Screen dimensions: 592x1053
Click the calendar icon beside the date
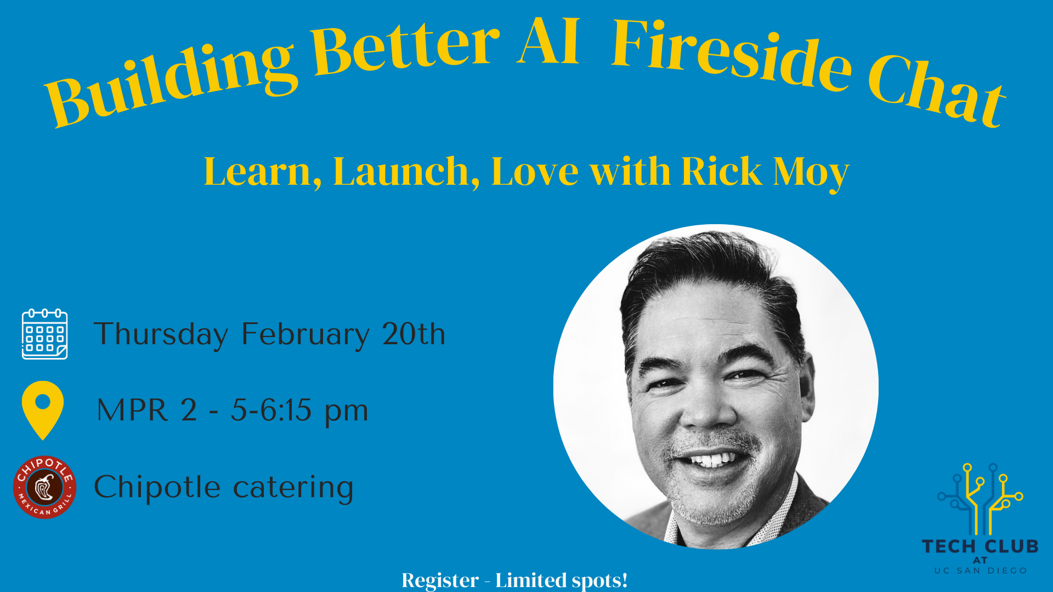coord(44,334)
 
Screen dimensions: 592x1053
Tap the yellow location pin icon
coord(43,408)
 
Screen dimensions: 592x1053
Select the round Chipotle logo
coord(44,487)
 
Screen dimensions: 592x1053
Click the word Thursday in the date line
coord(161,334)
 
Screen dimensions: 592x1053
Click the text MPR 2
coord(146,410)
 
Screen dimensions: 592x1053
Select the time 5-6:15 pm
coord(299,410)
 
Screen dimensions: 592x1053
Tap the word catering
coord(293,487)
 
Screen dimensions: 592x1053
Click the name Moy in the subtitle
coord(811,172)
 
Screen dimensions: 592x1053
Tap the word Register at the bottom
coord(440,580)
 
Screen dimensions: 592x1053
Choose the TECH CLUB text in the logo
coord(980,547)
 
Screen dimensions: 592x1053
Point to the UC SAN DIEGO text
coord(980,571)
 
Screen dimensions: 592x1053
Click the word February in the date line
coord(305,334)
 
